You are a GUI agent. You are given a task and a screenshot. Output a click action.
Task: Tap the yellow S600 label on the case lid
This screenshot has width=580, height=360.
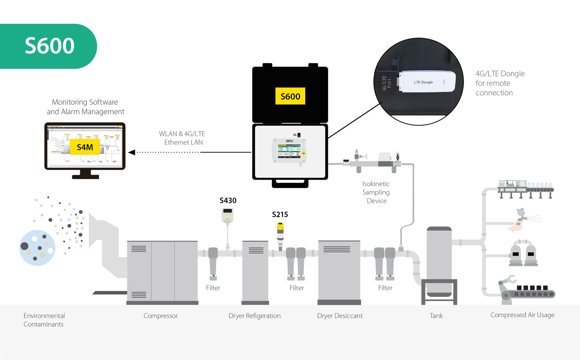(290, 96)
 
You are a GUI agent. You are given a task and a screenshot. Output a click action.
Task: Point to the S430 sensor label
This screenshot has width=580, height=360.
(228, 201)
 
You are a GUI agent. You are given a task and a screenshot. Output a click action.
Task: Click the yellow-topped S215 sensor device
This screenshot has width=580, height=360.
(280, 235)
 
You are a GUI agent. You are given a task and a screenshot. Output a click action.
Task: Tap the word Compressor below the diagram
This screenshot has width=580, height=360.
(161, 316)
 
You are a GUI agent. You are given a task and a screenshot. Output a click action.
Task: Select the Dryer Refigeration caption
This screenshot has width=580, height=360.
(254, 316)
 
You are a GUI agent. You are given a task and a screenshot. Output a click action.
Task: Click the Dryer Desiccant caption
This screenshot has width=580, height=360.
(340, 316)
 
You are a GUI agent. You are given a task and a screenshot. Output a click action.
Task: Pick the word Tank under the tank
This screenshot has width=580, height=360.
(436, 316)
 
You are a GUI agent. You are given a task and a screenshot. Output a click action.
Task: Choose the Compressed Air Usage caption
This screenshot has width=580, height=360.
(522, 315)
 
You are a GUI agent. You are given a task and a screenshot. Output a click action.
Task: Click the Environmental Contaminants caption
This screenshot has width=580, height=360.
(44, 320)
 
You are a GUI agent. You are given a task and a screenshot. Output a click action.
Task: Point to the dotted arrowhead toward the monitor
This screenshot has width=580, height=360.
(132, 152)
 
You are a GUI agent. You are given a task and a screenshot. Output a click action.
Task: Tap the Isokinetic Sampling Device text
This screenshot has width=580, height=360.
(376, 193)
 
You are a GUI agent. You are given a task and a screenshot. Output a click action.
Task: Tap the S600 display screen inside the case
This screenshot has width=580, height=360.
(290, 151)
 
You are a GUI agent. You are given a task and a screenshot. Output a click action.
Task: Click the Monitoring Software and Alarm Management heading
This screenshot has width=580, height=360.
(85, 107)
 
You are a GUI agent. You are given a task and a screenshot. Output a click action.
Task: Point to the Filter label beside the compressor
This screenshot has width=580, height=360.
(213, 288)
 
